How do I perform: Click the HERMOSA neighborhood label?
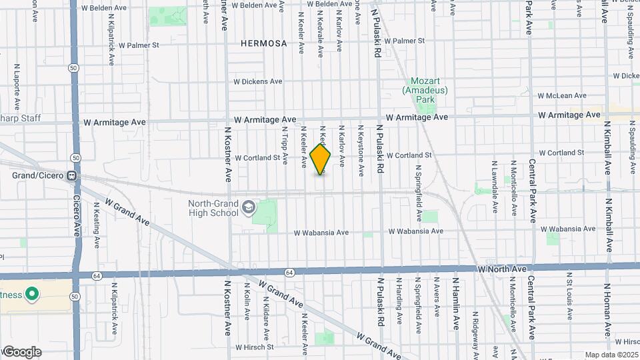[x=265, y=43]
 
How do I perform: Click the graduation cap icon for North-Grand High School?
[x=248, y=208]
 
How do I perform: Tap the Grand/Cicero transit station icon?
[x=70, y=176]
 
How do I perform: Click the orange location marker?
[x=321, y=160]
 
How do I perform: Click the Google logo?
[x=21, y=352]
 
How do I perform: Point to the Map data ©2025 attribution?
[x=611, y=355]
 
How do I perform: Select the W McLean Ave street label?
[x=562, y=95]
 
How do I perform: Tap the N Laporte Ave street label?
[x=15, y=87]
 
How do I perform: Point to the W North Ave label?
[x=503, y=269]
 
